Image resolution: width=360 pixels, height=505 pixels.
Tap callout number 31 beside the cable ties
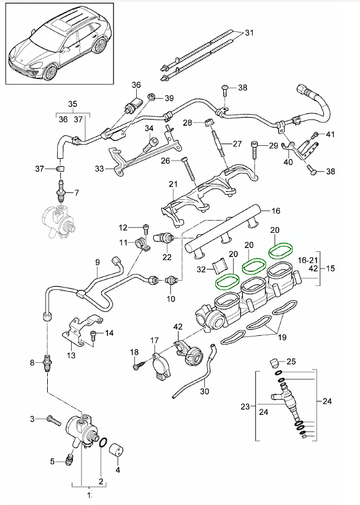click(x=248, y=32)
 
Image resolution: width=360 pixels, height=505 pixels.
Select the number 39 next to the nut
click(x=169, y=98)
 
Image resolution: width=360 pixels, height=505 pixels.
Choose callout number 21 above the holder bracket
click(x=173, y=184)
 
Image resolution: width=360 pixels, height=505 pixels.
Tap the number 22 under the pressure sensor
click(x=167, y=257)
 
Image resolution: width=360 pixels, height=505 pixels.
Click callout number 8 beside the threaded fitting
click(x=33, y=363)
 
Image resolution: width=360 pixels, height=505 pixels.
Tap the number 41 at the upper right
click(x=330, y=134)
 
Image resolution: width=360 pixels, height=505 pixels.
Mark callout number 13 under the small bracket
click(x=72, y=355)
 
